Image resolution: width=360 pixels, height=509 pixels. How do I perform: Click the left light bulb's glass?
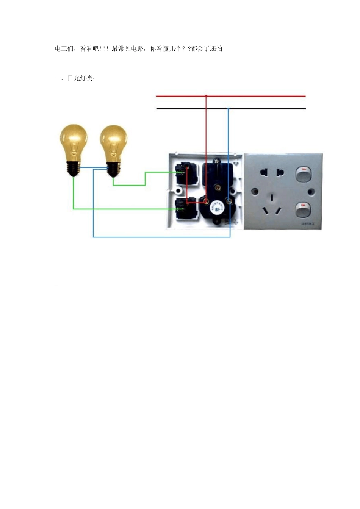click(x=74, y=140)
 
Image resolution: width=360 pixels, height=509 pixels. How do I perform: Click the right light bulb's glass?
click(x=113, y=141)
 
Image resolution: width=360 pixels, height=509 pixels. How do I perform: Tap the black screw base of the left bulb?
click(x=74, y=168)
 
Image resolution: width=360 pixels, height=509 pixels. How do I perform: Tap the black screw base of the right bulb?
click(x=113, y=170)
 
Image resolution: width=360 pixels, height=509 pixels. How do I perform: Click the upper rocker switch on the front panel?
click(x=303, y=174)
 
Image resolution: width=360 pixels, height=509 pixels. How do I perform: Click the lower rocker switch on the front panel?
click(x=303, y=210)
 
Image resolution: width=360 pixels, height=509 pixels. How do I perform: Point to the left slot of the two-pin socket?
click(x=262, y=173)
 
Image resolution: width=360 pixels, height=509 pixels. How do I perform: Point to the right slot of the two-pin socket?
click(x=280, y=173)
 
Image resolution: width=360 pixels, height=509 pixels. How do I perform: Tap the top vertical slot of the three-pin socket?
click(x=272, y=197)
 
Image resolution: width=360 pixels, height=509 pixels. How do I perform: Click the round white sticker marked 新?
click(x=217, y=208)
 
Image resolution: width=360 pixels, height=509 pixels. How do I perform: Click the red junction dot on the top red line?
click(x=206, y=96)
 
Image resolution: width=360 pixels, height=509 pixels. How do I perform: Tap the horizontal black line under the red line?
click(x=265, y=109)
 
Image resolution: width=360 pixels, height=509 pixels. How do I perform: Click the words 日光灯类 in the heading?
click(x=80, y=78)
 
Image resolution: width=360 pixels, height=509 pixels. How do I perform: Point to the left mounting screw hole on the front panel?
click(x=255, y=192)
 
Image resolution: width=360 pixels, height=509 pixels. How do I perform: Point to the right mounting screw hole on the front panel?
click(x=311, y=192)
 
